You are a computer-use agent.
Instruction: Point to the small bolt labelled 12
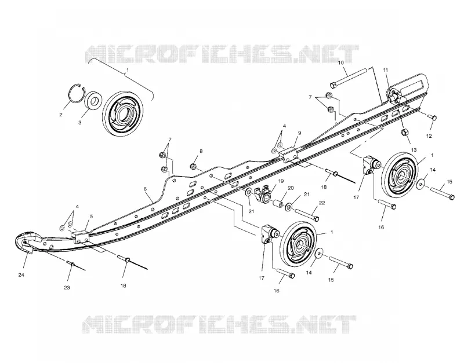[x=432, y=118]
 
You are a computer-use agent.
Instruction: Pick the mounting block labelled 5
[x=81, y=237]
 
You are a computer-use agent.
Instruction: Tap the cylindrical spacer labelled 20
[x=277, y=204]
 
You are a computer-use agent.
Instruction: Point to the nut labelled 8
[x=193, y=166]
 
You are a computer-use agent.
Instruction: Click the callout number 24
[x=21, y=275]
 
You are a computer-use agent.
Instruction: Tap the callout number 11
[x=385, y=70]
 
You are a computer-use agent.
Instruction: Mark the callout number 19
[x=281, y=181]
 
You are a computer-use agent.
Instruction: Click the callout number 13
[x=414, y=150]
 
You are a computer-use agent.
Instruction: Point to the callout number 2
[x=61, y=115]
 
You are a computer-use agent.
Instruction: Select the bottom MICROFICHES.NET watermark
[x=219, y=324]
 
